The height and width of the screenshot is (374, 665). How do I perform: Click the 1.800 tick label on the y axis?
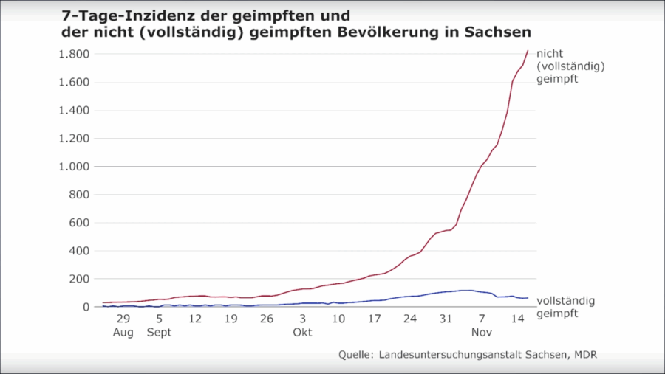(x=74, y=55)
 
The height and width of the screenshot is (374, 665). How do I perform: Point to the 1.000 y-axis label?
(x=74, y=167)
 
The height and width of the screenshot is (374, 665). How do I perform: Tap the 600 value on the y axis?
(x=80, y=223)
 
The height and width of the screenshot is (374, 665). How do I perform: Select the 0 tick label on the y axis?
(x=86, y=307)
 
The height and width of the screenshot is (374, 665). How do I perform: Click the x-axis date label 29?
(x=123, y=319)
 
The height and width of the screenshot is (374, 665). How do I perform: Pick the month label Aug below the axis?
(x=123, y=333)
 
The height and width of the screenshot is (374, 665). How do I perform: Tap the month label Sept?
(x=159, y=333)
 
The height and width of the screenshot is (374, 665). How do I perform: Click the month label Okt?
(x=303, y=333)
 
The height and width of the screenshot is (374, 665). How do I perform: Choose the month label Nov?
(x=482, y=333)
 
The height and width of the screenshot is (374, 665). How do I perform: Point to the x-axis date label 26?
(x=267, y=319)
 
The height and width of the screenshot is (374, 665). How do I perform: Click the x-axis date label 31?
(x=446, y=319)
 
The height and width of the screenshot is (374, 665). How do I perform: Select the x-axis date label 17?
(x=375, y=319)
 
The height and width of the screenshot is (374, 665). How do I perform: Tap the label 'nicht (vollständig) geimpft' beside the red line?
(x=571, y=66)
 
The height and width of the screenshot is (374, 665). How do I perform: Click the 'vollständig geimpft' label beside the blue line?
(x=565, y=307)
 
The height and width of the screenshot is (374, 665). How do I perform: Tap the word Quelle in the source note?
(x=356, y=356)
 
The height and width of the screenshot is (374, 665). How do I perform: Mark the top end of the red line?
(x=528, y=51)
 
